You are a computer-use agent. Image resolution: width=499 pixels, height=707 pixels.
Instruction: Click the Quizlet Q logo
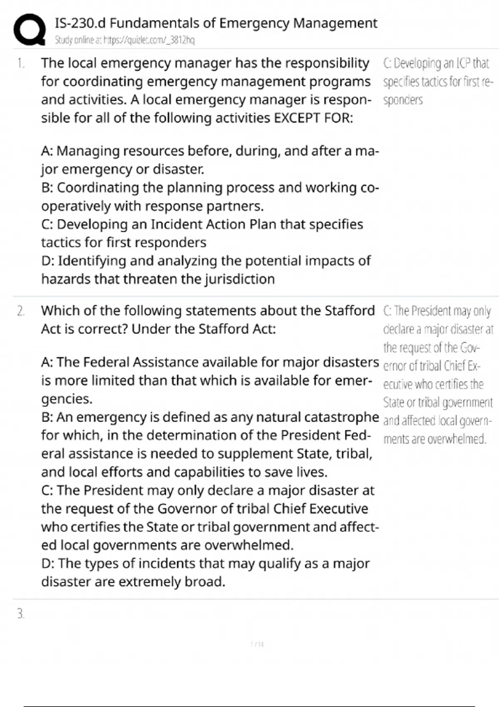coord(29,29)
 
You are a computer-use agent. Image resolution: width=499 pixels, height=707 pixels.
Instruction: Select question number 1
coord(21,64)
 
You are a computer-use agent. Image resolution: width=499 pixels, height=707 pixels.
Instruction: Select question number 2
coord(21,311)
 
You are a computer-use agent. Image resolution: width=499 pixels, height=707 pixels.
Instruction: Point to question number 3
coord(21,614)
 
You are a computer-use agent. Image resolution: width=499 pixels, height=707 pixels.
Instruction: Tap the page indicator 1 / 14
coord(257,645)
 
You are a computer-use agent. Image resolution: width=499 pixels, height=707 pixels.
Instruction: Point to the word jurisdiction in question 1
coord(240,279)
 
